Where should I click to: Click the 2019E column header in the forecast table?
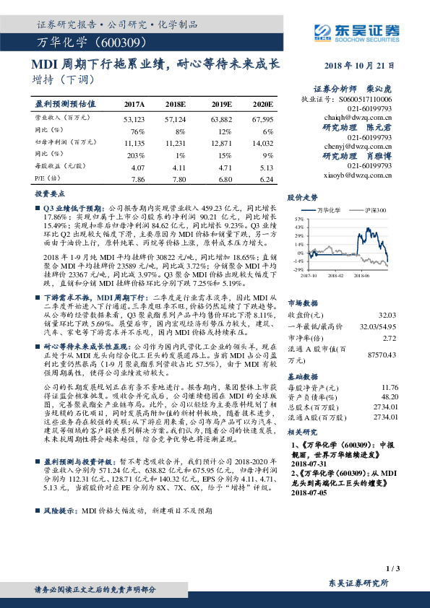click(220, 104)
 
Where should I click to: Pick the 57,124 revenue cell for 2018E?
click(176, 118)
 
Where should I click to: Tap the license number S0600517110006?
click(366, 98)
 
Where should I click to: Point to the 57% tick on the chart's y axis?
click(298, 218)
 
